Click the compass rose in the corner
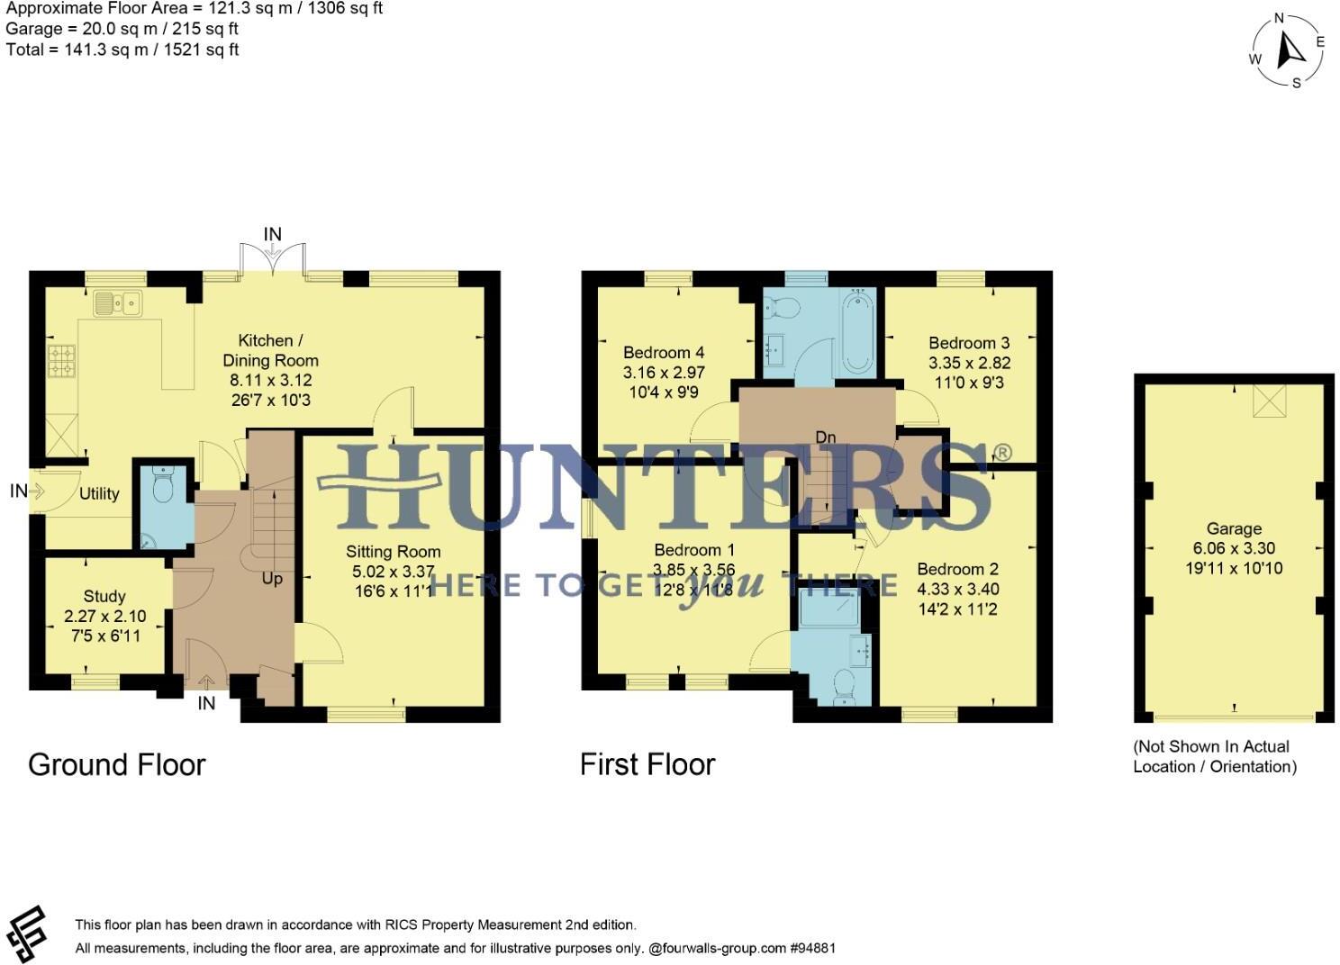1289,51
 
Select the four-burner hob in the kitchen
62,360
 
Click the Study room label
104,596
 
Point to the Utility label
99,493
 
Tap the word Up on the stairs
272,579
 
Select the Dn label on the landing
825,437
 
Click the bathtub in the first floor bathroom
856,331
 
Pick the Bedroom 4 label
664,353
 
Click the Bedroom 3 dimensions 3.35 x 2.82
969,363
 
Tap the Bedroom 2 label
957,569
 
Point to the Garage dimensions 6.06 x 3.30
1234,548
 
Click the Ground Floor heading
117,764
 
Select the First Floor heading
647,764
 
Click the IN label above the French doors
272,234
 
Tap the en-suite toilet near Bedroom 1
845,687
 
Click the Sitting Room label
394,552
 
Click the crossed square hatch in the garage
1270,401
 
